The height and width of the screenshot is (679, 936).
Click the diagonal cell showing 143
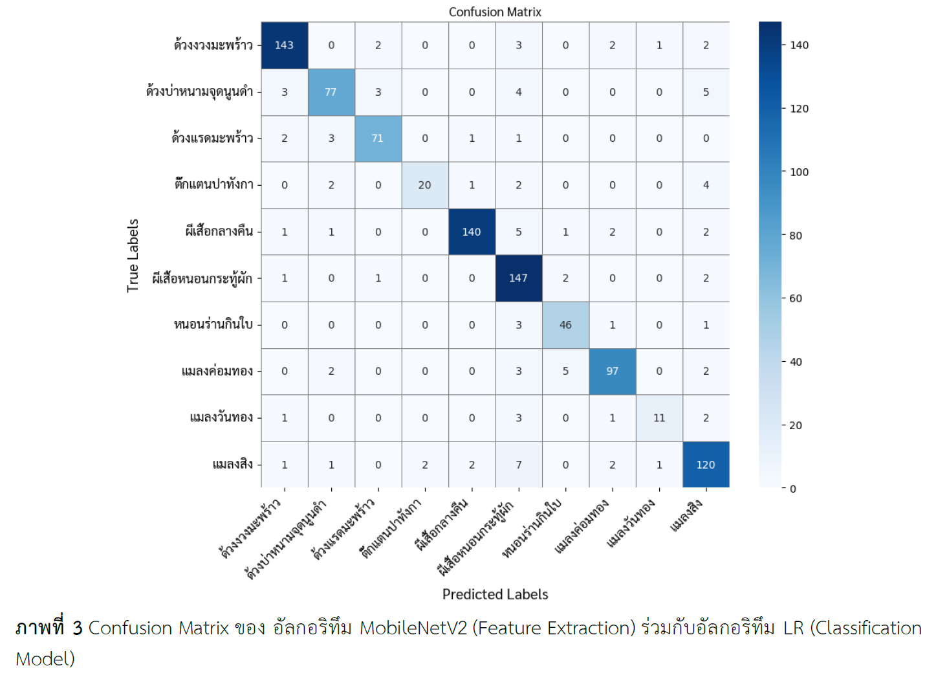click(284, 45)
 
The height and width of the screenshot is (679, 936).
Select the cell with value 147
click(518, 278)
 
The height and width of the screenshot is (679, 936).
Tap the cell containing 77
click(331, 92)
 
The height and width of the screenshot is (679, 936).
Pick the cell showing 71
click(378, 139)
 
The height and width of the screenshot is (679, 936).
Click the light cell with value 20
click(424, 185)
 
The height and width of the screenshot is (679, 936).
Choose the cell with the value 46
click(565, 325)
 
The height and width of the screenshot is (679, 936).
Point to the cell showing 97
click(612, 372)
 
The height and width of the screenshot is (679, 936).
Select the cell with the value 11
click(659, 418)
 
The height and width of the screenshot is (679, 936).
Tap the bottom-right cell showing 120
click(706, 465)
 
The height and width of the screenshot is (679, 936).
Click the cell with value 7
click(518, 465)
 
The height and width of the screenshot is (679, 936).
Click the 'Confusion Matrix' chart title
click(495, 12)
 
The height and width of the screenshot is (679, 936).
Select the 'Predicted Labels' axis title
click(495, 594)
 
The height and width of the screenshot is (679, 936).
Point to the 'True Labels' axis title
click(133, 255)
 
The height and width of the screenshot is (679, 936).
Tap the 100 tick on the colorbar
click(800, 172)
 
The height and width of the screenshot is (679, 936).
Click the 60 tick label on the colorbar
click(796, 298)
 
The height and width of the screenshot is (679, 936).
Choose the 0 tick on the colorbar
click(793, 489)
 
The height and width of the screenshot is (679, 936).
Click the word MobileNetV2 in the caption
click(413, 628)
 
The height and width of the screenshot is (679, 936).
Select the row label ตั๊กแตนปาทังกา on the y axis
click(213, 184)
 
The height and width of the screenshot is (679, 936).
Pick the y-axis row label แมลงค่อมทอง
click(217, 371)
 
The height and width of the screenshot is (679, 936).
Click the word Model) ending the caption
click(45, 659)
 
